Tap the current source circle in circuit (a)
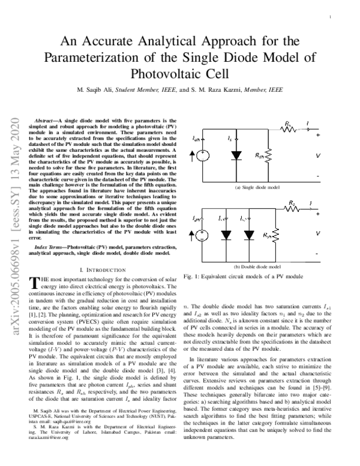pos(203,155)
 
